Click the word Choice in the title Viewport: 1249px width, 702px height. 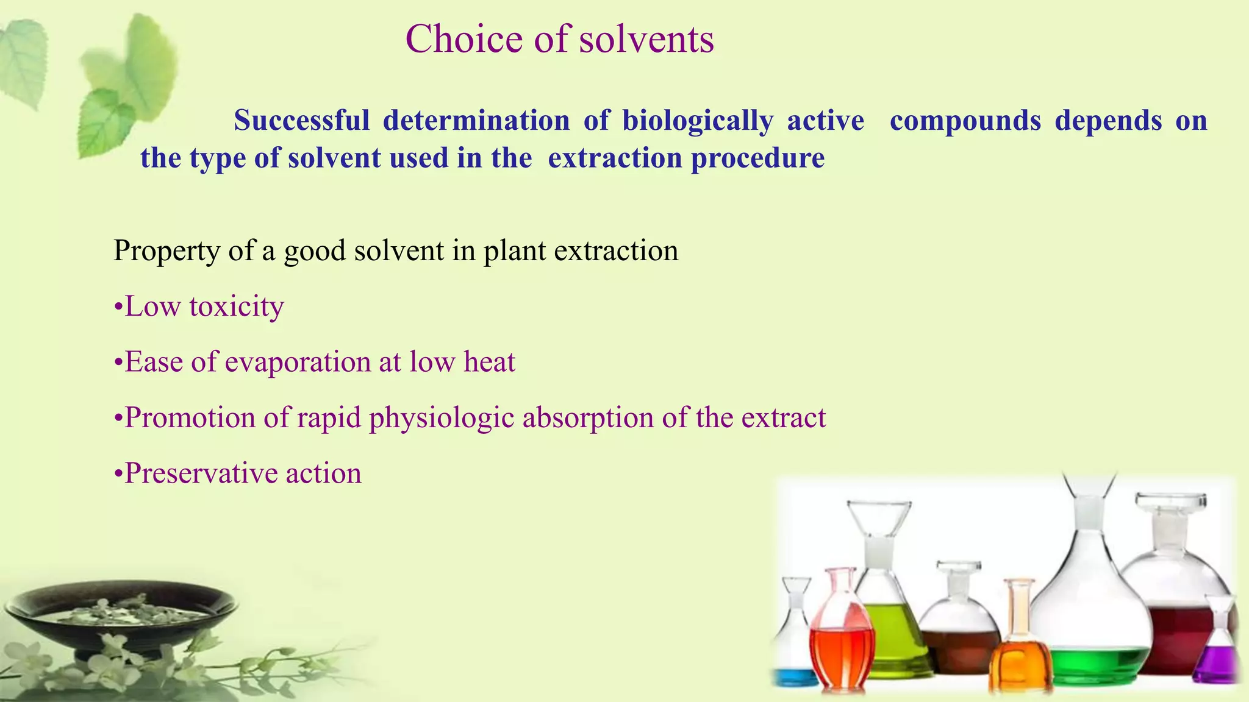point(463,40)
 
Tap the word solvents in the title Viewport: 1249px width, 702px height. point(646,40)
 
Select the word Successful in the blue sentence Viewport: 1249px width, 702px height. point(301,120)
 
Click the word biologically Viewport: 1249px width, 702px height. point(697,121)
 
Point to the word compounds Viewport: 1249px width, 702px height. point(965,120)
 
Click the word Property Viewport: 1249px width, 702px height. point(166,251)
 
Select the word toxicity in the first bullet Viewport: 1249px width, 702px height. point(237,307)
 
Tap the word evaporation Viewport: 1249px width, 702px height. point(298,362)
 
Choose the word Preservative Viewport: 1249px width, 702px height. point(201,473)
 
